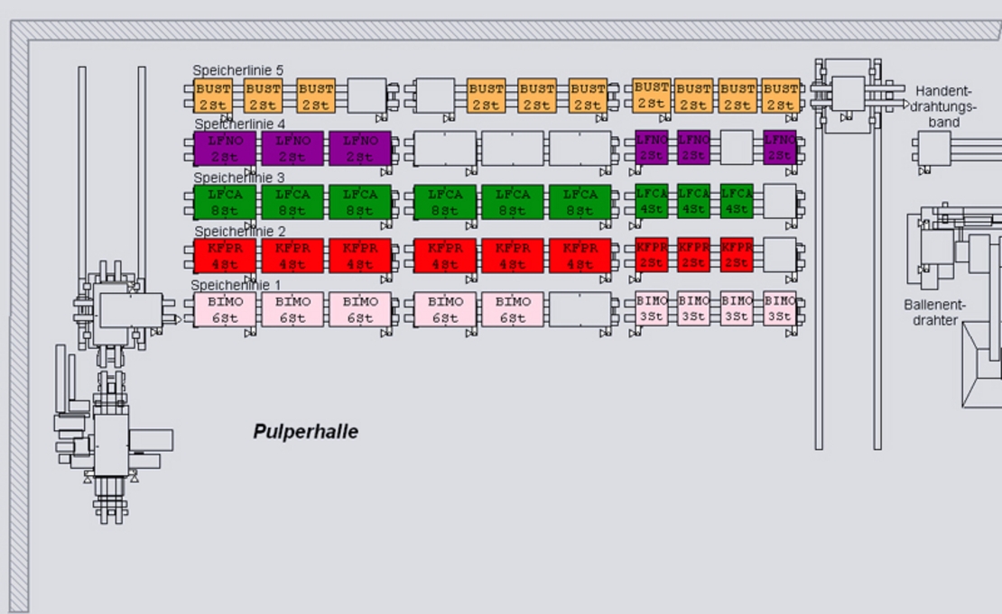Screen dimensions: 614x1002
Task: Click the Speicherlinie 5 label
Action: click(x=237, y=70)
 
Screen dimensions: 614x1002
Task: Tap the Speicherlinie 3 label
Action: click(x=238, y=179)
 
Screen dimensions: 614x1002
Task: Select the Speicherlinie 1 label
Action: click(x=236, y=285)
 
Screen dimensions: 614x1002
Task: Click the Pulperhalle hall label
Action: click(x=305, y=432)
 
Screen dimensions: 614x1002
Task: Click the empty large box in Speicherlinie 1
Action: click(x=580, y=309)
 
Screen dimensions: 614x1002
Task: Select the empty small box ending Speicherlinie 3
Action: click(x=779, y=201)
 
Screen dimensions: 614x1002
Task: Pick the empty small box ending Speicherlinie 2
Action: click(x=779, y=254)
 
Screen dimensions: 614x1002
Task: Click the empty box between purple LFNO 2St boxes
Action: click(x=737, y=148)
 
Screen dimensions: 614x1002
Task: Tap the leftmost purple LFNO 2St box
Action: click(x=225, y=148)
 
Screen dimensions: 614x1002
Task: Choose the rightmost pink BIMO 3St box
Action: click(x=779, y=308)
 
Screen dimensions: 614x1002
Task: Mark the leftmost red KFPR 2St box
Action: click(x=652, y=254)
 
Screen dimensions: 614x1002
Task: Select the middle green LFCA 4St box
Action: click(x=694, y=201)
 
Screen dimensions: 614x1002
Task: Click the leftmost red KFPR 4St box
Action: click(x=225, y=255)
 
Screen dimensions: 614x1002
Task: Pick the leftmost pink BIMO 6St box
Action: click(x=225, y=309)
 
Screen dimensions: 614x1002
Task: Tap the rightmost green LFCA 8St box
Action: click(x=580, y=202)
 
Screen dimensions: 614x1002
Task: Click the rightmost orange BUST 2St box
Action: click(x=780, y=96)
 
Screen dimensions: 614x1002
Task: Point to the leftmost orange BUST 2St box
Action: click(x=214, y=96)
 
